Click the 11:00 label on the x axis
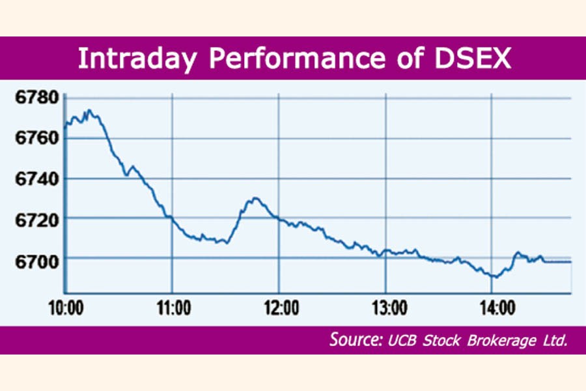[173, 306]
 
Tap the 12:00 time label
[279, 306]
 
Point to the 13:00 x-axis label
[386, 306]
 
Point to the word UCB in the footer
[402, 340]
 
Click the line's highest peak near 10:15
[89, 110]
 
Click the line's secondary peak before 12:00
[255, 197]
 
